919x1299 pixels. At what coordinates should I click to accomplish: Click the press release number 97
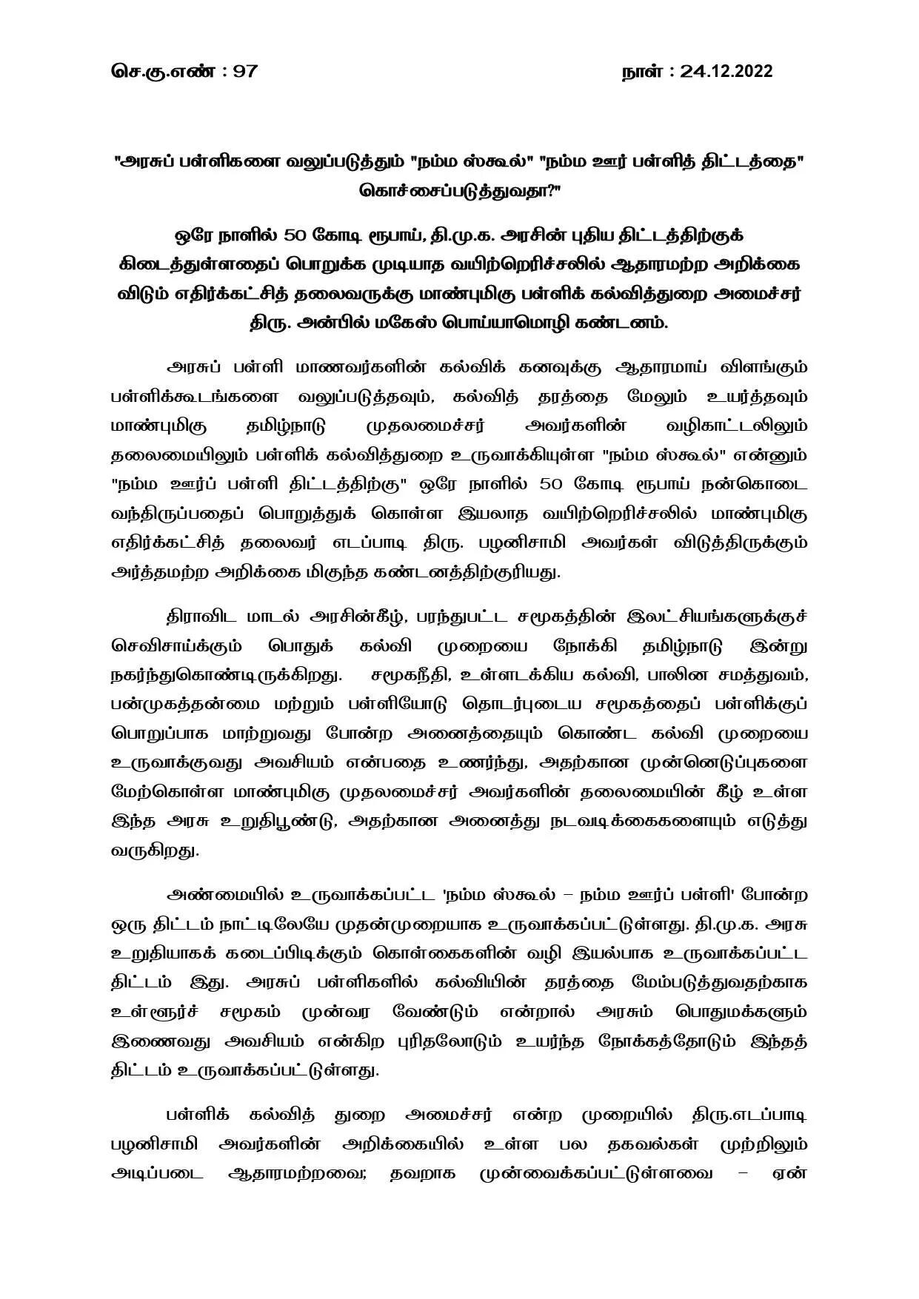[244, 71]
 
